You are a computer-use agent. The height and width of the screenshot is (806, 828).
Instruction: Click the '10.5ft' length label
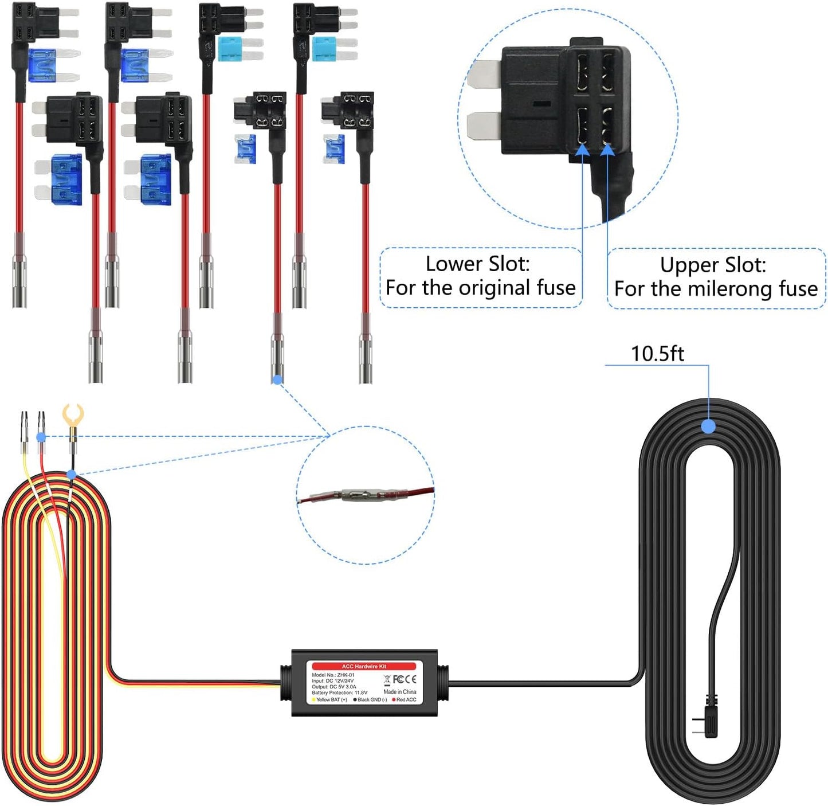(657, 354)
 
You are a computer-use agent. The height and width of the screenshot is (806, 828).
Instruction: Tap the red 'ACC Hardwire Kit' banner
(364, 666)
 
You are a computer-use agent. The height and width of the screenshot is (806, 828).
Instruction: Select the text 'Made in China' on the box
(400, 692)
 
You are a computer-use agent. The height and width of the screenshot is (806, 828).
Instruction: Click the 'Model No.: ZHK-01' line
(333, 675)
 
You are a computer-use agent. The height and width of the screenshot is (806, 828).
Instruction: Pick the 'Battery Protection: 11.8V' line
(340, 692)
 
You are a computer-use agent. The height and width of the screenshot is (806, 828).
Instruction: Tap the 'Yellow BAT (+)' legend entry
(330, 700)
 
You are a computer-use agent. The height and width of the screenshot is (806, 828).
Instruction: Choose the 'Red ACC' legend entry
(405, 700)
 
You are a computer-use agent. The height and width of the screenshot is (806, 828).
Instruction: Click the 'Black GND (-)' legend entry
(370, 700)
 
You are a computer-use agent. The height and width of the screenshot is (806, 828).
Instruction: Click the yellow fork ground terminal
(73, 415)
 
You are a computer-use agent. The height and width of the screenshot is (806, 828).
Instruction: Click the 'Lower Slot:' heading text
(477, 264)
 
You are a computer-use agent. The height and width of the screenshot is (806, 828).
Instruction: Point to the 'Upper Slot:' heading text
(712, 265)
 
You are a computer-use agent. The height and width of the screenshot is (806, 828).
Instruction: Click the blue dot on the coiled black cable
(708, 426)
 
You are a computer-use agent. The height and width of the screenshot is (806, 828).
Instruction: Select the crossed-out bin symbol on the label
(387, 680)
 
